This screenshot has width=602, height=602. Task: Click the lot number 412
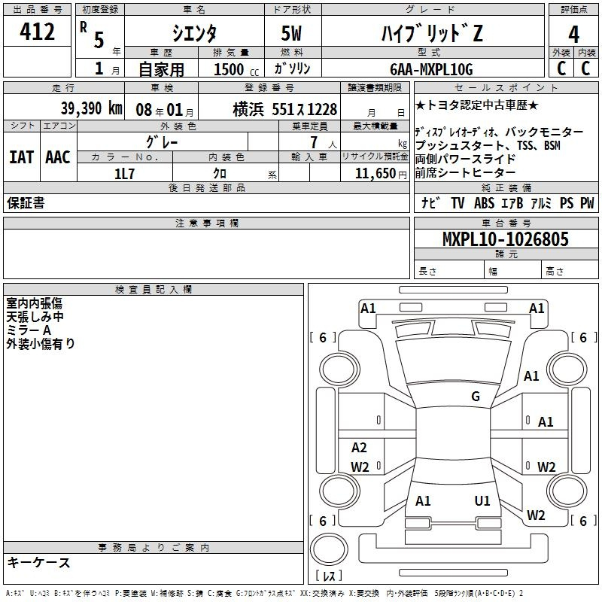pyautogui.click(x=38, y=32)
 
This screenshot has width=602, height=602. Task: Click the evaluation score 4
pyautogui.click(x=574, y=34)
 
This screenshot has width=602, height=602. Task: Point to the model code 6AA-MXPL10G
pyautogui.click(x=432, y=69)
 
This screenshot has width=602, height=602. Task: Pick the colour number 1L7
pyautogui.click(x=124, y=173)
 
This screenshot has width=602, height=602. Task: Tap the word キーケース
pyautogui.click(x=38, y=563)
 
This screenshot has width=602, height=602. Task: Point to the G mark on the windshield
pyautogui.click(x=475, y=397)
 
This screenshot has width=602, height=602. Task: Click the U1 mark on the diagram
pyautogui.click(x=482, y=500)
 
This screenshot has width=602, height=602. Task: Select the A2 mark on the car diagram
pyautogui.click(x=359, y=448)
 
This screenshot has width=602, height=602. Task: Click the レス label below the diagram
pyautogui.click(x=328, y=576)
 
